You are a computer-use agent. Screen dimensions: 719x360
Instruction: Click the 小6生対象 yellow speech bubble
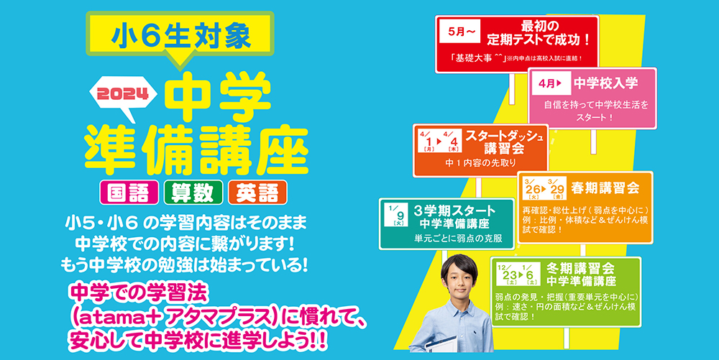click(x=180, y=34)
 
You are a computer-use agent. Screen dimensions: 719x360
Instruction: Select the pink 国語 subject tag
click(x=129, y=193)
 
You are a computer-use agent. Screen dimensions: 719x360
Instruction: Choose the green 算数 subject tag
click(x=193, y=193)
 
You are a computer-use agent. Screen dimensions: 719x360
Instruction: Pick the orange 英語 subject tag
click(x=257, y=193)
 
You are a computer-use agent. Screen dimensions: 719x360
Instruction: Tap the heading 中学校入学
click(x=605, y=83)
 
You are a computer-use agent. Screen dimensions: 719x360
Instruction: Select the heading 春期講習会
click(x=605, y=188)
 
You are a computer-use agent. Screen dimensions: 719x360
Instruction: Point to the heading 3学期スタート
click(x=454, y=211)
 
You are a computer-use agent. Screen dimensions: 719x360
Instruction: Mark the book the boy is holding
click(x=440, y=344)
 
